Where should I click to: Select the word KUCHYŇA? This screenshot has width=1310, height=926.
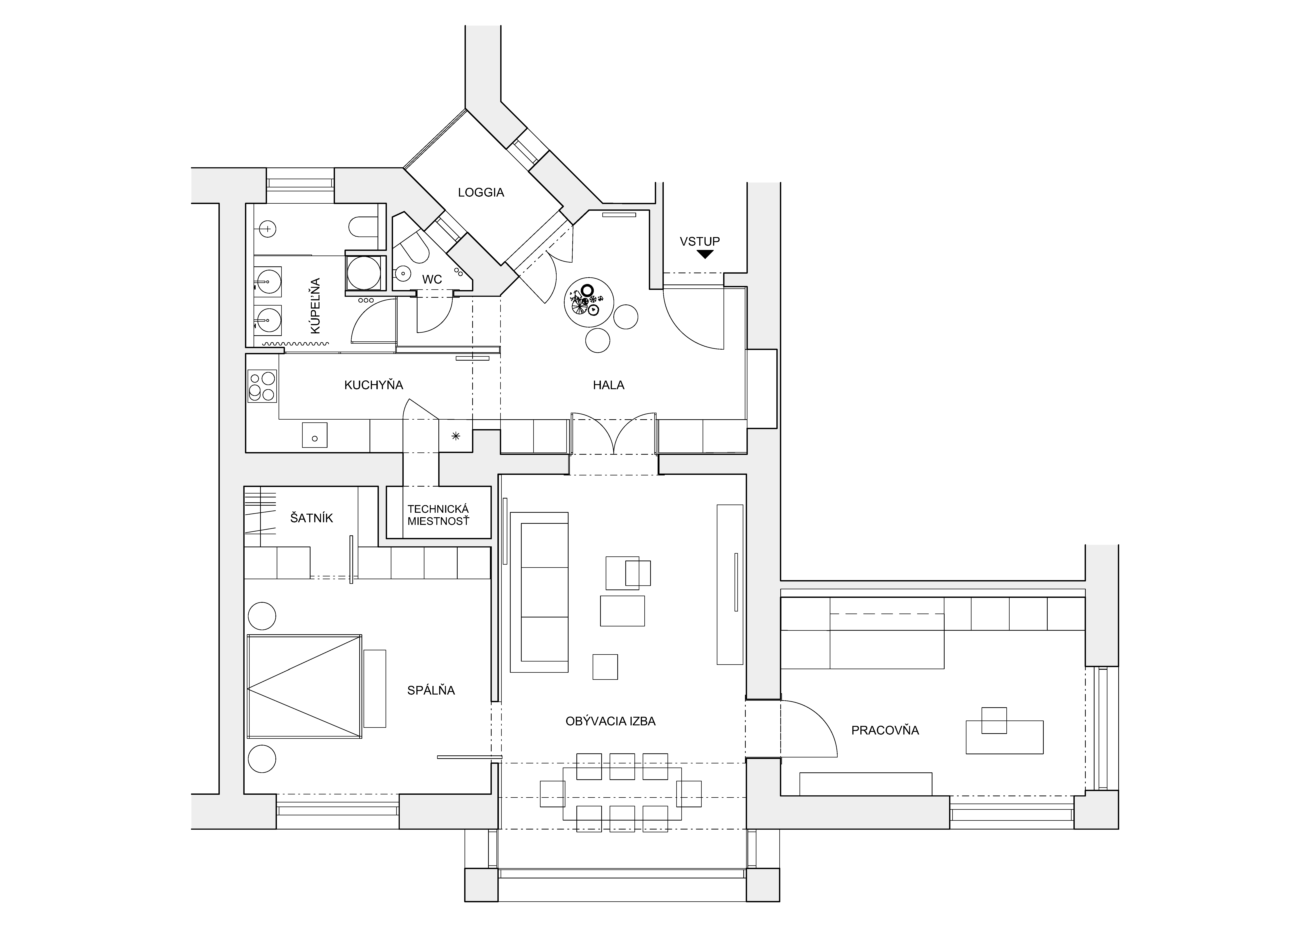point(374,385)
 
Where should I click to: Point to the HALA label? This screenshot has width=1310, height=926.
point(608,385)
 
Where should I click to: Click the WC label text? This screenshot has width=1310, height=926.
point(432,280)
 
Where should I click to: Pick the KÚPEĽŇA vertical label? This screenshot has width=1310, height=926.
point(315,306)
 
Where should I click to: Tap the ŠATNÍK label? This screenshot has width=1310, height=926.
point(311,518)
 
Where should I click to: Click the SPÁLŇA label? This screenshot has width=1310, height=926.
point(431,690)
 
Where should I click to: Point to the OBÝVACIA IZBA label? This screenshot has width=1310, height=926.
point(611,721)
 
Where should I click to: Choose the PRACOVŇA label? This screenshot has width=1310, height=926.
point(885,730)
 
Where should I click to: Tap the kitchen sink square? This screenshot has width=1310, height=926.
point(314,435)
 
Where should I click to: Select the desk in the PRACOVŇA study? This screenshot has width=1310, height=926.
point(1004,737)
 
